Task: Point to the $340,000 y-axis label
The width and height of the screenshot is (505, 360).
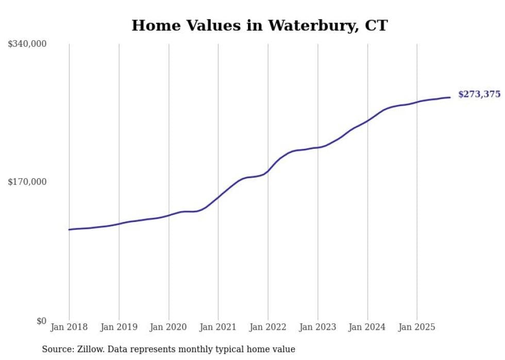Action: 27,44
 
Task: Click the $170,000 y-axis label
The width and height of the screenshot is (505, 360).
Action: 27,182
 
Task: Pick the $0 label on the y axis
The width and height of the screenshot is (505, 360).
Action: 41,321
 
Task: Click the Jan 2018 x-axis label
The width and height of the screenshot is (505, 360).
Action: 69,327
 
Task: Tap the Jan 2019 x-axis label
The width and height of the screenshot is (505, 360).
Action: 119,327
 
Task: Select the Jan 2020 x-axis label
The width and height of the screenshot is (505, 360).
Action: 169,327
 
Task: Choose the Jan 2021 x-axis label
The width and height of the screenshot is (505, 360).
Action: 218,327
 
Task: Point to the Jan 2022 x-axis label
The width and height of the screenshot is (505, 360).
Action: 268,327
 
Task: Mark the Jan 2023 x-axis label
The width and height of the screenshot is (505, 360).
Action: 317,327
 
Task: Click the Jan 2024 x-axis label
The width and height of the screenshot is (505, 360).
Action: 367,327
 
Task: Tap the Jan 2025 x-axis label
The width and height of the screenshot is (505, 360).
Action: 417,327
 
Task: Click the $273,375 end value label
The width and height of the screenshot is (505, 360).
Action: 479,94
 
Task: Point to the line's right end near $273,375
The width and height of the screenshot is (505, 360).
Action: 450,97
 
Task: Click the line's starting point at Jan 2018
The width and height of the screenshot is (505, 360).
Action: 70,229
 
